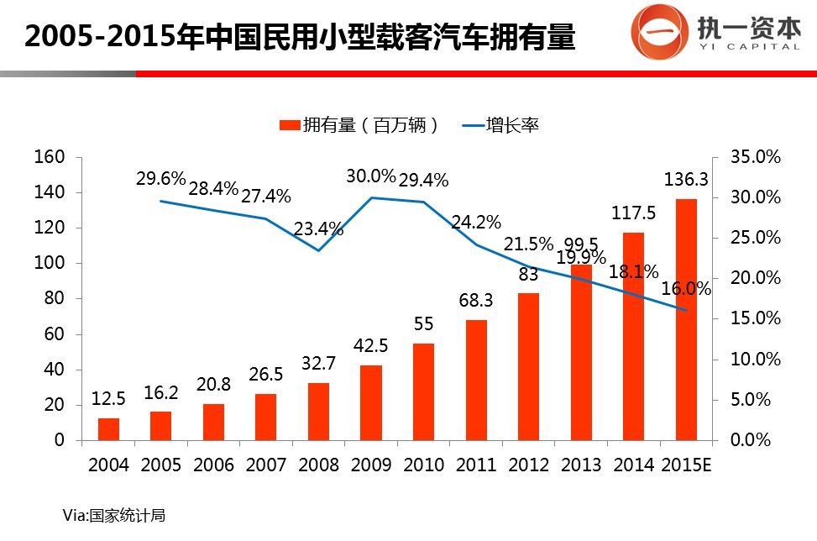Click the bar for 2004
pyautogui.click(x=108, y=428)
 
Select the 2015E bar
pyautogui.click(x=686, y=319)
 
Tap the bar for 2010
pyautogui.click(x=423, y=391)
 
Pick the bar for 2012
pyautogui.click(x=528, y=366)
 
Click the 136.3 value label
pyautogui.click(x=686, y=180)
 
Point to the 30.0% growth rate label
pyautogui.click(x=370, y=176)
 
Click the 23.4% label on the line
pyautogui.click(x=318, y=229)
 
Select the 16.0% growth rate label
pyautogui.click(x=686, y=289)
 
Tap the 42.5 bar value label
pyautogui.click(x=370, y=346)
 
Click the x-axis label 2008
pyautogui.click(x=318, y=465)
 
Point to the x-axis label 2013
pyautogui.click(x=581, y=465)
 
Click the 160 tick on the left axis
pyautogui.click(x=50, y=157)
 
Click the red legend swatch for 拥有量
pyautogui.click(x=289, y=126)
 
